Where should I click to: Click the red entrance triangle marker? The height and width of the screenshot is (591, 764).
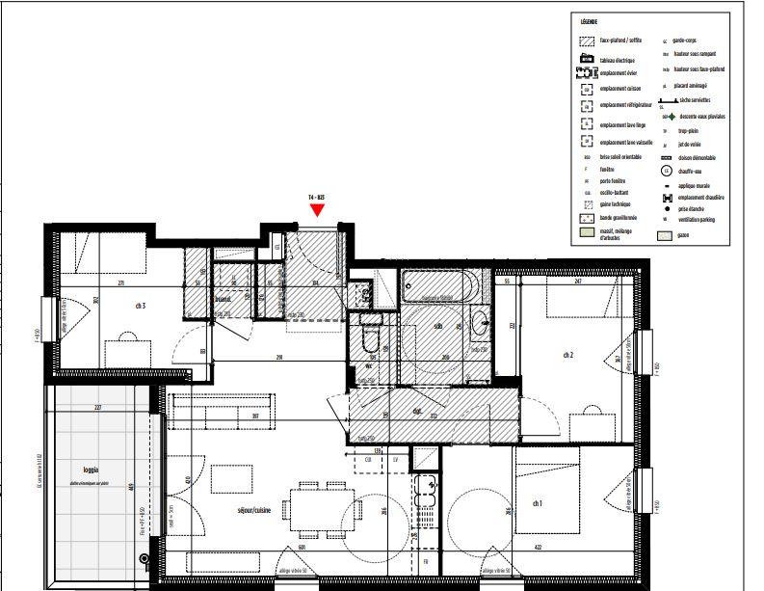click(316, 208)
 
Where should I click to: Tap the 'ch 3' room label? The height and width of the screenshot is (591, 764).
click(141, 306)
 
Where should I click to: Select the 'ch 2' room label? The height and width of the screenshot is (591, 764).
click(568, 354)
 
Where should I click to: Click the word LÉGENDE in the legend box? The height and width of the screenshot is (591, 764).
click(589, 20)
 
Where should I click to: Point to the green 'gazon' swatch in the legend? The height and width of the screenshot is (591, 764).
click(665, 235)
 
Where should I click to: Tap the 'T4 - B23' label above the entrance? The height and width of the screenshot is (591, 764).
click(316, 197)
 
